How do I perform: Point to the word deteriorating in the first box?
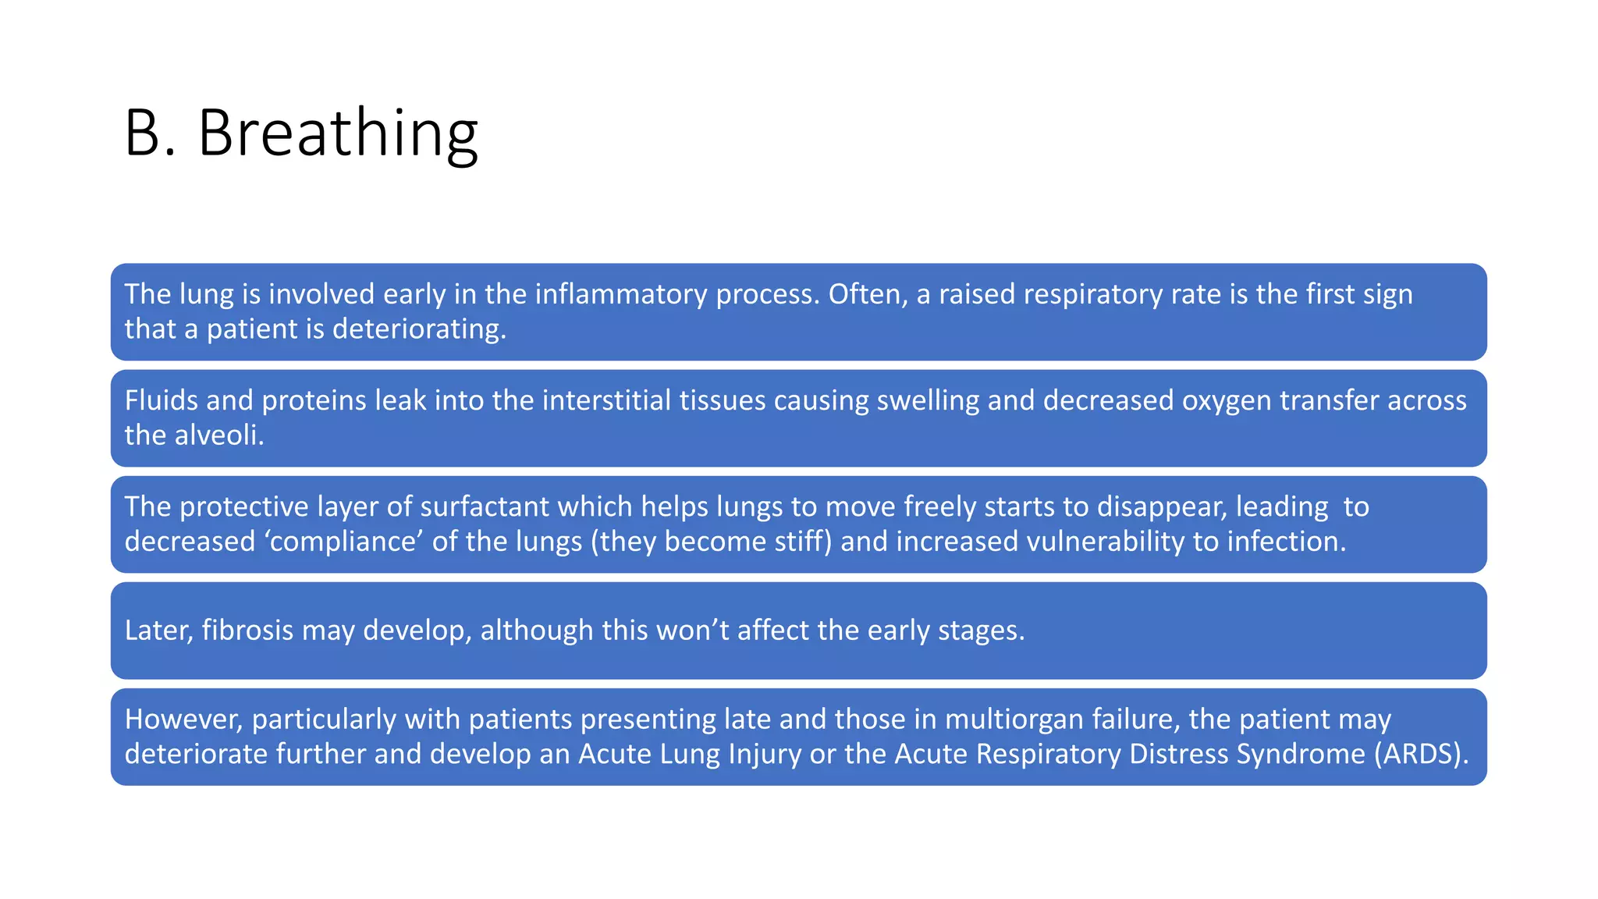pyautogui.click(x=419, y=329)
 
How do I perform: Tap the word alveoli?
pyautogui.click(x=219, y=435)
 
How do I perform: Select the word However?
pyautogui.click(x=183, y=720)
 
